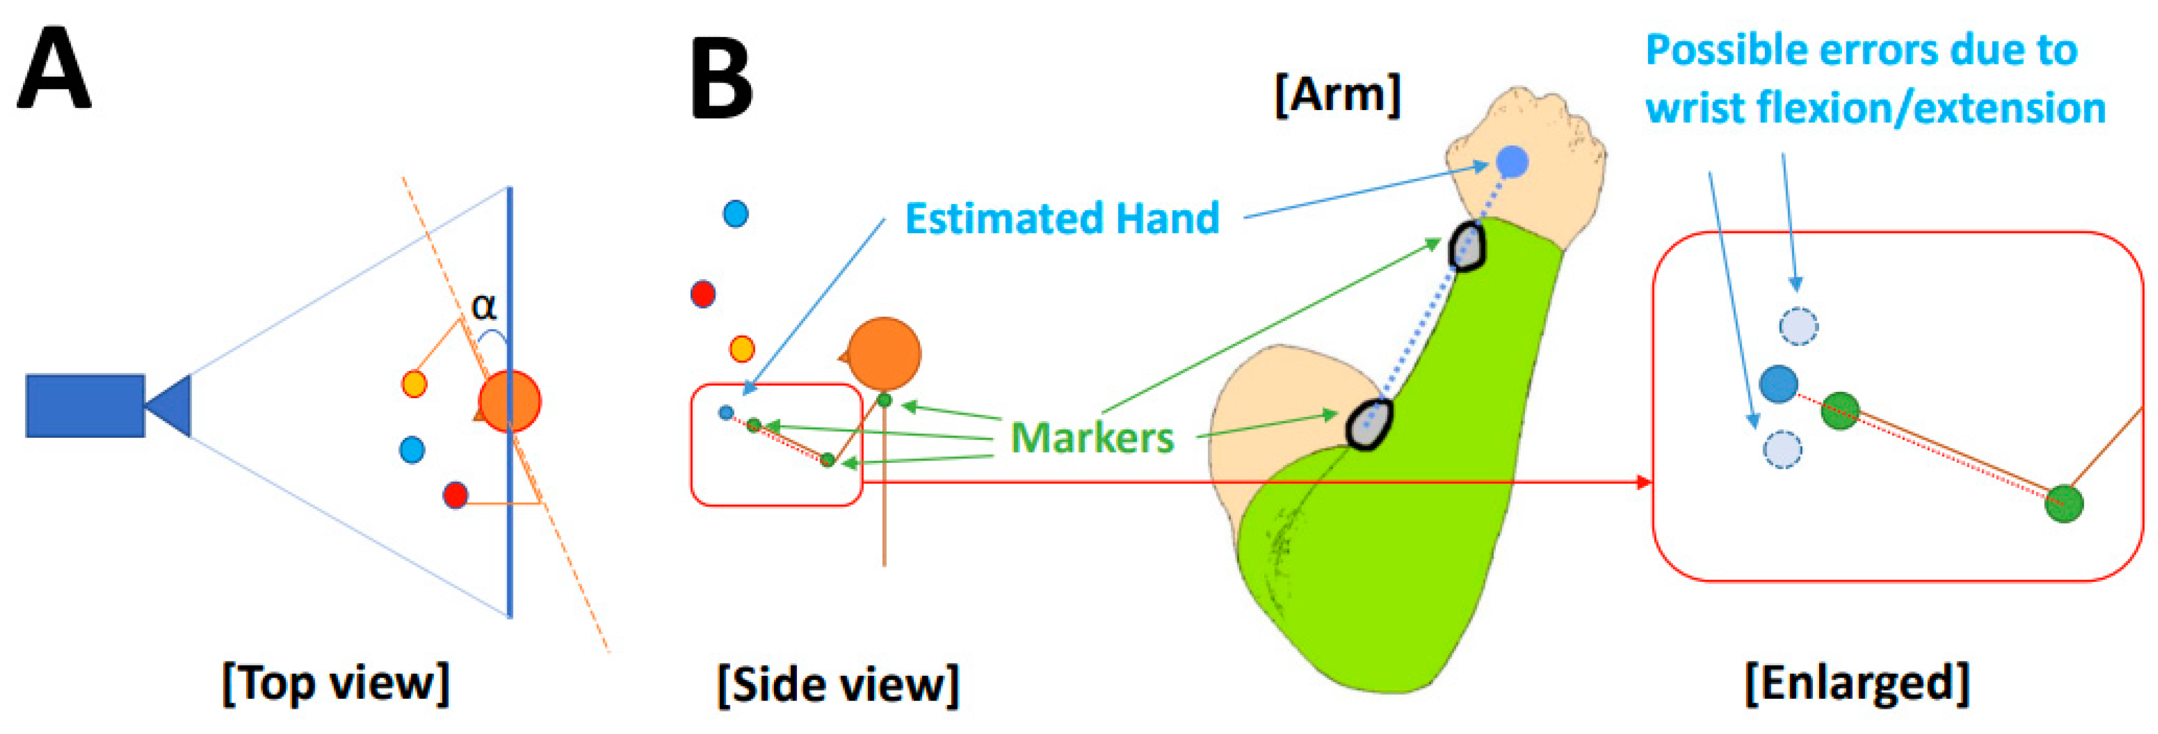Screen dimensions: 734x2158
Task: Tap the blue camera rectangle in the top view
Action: [84, 405]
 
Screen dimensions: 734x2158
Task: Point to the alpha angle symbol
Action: [484, 307]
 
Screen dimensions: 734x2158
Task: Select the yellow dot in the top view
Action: [414, 383]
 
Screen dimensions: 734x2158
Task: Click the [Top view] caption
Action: [335, 683]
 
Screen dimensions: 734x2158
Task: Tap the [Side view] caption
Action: [838, 685]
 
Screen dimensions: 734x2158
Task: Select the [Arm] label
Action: [1337, 94]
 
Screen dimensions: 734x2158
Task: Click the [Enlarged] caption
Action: [1857, 683]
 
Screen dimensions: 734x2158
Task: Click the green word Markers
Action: [1092, 437]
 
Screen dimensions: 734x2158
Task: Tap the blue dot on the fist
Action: [1511, 161]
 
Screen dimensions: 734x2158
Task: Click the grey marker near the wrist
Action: [1467, 245]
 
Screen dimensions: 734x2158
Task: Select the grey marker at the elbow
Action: [1369, 424]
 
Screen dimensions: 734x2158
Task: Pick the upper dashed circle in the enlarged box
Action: [1798, 326]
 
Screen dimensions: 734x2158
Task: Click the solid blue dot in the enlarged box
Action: [1778, 383]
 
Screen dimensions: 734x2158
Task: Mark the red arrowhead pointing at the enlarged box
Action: [1645, 482]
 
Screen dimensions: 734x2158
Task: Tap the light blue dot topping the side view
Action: [735, 214]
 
